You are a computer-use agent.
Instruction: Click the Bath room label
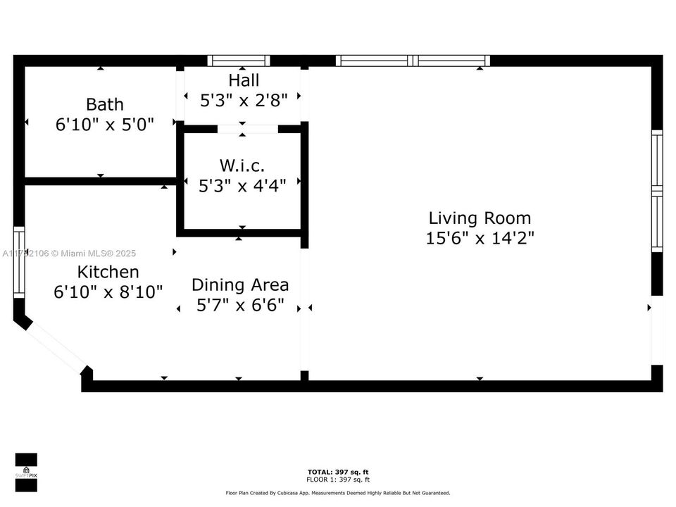point(104,105)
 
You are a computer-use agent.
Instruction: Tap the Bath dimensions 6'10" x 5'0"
point(104,124)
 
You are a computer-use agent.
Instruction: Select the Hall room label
point(244,80)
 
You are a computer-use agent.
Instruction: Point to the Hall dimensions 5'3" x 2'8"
point(244,100)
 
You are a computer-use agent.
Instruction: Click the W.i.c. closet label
point(242,165)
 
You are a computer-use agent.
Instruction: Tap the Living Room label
point(480,218)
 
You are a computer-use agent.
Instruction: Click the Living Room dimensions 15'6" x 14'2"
point(480,238)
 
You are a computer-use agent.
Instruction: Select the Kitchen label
point(108,272)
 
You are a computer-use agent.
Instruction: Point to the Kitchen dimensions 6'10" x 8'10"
point(108,291)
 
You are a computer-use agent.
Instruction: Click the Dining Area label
point(240,285)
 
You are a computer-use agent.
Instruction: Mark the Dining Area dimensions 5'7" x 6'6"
point(240,305)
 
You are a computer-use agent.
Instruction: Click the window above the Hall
point(239,61)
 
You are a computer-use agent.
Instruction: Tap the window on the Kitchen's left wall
point(19,262)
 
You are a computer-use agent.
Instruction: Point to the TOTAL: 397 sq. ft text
point(338,472)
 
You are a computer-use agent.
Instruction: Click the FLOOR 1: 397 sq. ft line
point(338,480)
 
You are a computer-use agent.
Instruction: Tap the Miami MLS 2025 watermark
point(70,254)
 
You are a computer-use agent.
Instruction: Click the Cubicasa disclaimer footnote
point(338,493)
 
